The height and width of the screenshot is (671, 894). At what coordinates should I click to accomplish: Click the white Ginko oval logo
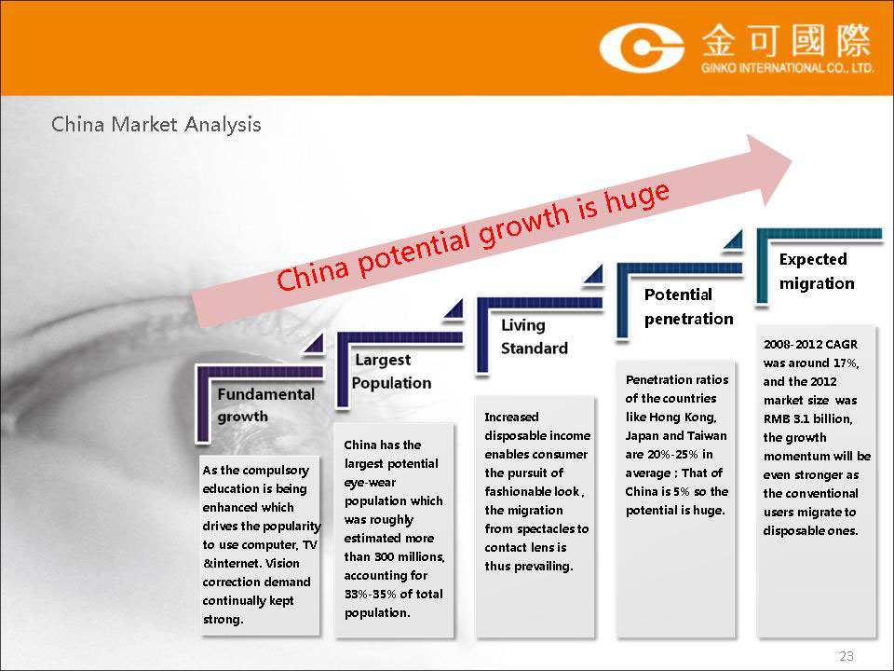pos(642,48)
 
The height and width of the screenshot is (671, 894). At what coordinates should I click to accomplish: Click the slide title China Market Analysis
pos(156,124)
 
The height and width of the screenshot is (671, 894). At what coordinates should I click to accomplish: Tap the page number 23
pos(847,656)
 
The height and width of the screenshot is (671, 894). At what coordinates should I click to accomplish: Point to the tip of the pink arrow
pos(792,160)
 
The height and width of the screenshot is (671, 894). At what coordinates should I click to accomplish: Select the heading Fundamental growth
pos(265,405)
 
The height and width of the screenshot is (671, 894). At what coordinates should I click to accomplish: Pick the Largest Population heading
pos(392,371)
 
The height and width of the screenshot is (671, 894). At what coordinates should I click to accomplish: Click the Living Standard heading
pos(535,336)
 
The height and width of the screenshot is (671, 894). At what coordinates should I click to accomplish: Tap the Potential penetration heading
pos(689,307)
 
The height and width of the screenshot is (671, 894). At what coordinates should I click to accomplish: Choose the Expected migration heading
pos(817,271)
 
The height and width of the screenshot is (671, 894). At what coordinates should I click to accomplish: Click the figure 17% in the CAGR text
pos(847,363)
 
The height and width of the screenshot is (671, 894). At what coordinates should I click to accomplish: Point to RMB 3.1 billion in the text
pos(808,418)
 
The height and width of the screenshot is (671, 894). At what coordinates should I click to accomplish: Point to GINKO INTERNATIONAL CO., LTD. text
pos(787,68)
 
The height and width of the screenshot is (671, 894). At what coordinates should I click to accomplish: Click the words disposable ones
pos(811,531)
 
